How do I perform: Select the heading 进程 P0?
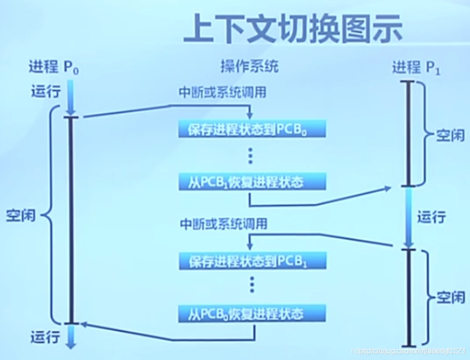pyautogui.click(x=53, y=67)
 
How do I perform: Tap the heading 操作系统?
pyautogui.click(x=249, y=67)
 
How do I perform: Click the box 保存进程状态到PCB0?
pyautogui.click(x=252, y=129)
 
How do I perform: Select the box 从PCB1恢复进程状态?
pyautogui.click(x=252, y=182)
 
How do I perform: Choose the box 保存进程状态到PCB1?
pyautogui.click(x=252, y=261)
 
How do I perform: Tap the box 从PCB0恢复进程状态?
pyautogui.click(x=252, y=313)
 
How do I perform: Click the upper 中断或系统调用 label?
pyautogui.click(x=222, y=92)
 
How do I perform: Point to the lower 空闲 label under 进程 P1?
pyautogui.click(x=451, y=298)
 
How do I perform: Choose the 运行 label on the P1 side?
pyautogui.click(x=431, y=217)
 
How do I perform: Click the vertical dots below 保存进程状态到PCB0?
pyautogui.click(x=251, y=155)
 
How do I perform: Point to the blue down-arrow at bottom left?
pyautogui.click(x=71, y=337)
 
